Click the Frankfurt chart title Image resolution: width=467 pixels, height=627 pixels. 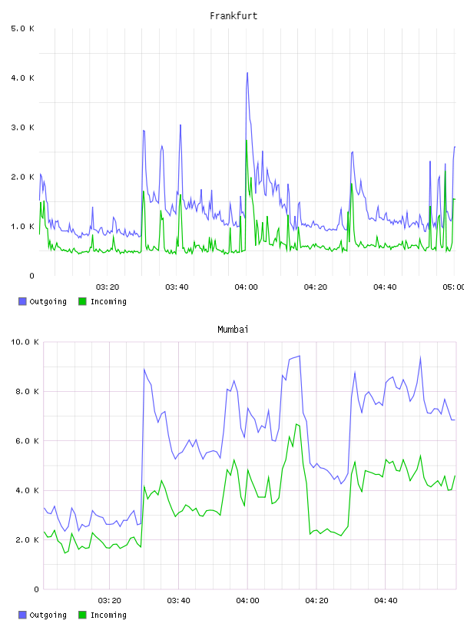pyautogui.click(x=233, y=16)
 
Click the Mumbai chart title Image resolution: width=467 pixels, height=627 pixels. pyautogui.click(x=233, y=330)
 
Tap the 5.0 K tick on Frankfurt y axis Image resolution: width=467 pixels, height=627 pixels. pyautogui.click(x=23, y=28)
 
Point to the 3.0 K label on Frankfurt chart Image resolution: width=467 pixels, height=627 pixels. pyautogui.click(x=23, y=128)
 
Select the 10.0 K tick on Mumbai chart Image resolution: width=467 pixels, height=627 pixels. pyautogui.click(x=25, y=342)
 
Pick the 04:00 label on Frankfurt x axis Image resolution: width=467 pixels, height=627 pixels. pyautogui.click(x=247, y=287)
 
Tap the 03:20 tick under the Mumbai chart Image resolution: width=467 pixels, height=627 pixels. pyautogui.click(x=110, y=601)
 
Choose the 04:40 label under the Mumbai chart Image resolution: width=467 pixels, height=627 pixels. pyautogui.click(x=386, y=601)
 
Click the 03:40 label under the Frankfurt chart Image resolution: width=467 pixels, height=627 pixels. pyautogui.click(x=177, y=287)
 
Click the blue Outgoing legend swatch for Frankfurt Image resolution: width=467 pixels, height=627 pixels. pyautogui.click(x=22, y=301)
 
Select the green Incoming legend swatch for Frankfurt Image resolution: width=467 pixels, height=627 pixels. pyautogui.click(x=82, y=301)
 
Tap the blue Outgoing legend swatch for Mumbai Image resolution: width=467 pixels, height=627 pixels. pyautogui.click(x=22, y=615)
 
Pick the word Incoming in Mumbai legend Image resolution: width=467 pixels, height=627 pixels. pyautogui.click(x=108, y=615)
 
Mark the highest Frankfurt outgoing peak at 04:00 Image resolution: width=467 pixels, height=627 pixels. pyautogui.click(x=247, y=73)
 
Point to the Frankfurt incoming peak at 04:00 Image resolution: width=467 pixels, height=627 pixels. pyautogui.click(x=247, y=141)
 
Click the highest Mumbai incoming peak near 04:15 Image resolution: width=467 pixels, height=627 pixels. pyautogui.click(x=296, y=424)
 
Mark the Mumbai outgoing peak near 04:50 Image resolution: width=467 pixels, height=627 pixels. pyautogui.click(x=420, y=357)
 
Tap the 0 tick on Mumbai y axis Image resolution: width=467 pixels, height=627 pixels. pyautogui.click(x=36, y=589)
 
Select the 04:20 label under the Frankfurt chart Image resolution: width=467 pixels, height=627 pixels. pyautogui.click(x=316, y=287)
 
